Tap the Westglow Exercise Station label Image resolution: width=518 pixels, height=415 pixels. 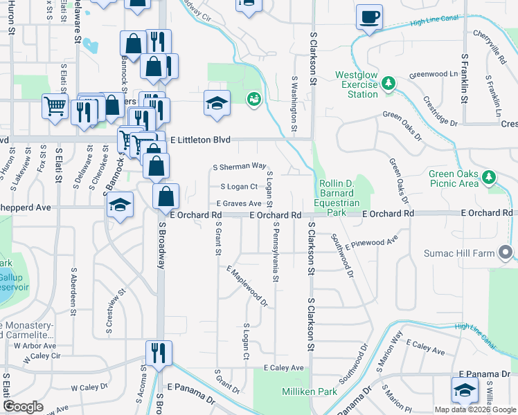(357, 84)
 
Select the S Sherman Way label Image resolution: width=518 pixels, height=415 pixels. (240, 167)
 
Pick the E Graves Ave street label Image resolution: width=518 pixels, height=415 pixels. (238, 203)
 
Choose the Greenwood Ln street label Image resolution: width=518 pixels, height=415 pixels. (434, 74)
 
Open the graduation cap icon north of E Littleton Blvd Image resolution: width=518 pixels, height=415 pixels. (217, 104)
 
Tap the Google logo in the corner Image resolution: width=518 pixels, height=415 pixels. (23, 407)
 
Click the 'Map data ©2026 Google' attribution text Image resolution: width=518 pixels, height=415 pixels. (475, 409)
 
